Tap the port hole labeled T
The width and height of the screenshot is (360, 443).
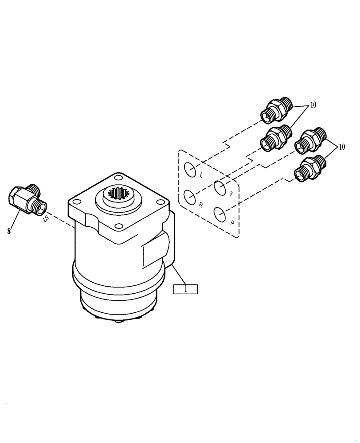tap(219, 187)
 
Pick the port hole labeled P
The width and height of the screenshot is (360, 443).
tap(219, 214)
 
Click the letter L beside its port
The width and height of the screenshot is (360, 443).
tap(201, 175)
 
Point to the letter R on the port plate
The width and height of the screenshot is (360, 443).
tap(201, 205)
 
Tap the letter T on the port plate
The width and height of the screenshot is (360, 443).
tap(231, 193)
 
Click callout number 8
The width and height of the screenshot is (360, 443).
tap(9, 230)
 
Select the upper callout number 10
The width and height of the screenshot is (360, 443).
tap(313, 105)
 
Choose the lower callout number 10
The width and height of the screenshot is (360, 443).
tap(341, 147)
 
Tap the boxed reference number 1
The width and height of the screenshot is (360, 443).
tap(185, 289)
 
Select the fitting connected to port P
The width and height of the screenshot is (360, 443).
tap(310, 168)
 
